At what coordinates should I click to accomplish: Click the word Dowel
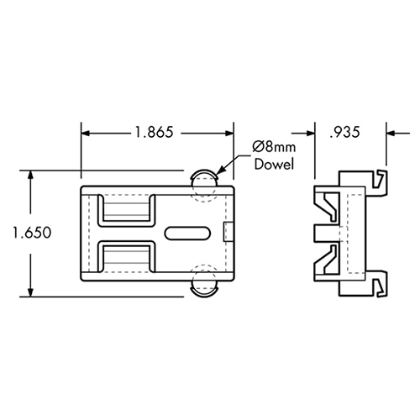pos(273,165)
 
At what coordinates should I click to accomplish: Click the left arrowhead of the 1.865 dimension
pos(87,131)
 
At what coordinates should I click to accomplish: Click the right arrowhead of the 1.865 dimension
pos(227,131)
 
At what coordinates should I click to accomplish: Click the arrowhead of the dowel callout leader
pos(220,171)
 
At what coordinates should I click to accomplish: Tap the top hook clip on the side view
pos(382,180)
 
